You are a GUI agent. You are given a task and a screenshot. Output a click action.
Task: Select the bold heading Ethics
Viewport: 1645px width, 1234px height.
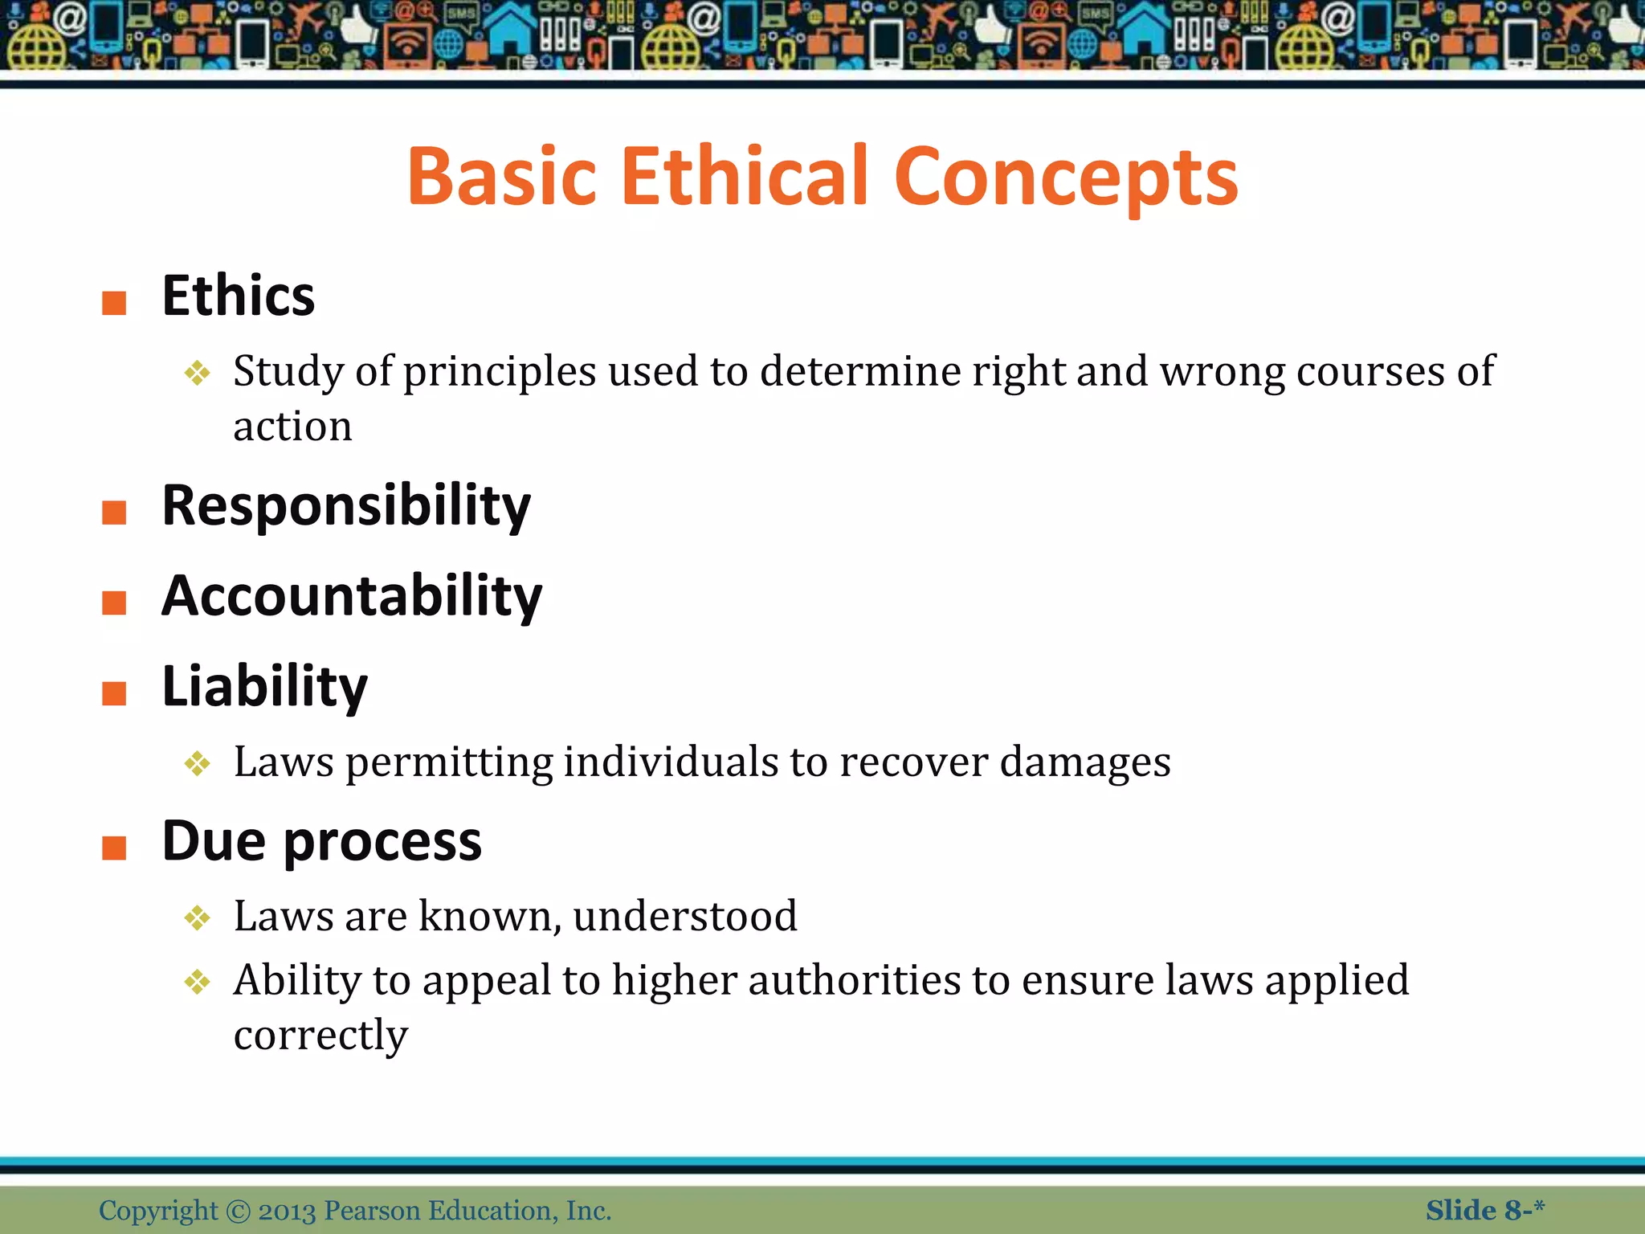[x=239, y=296]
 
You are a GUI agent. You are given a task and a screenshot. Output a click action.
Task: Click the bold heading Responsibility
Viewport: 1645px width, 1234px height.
[x=346, y=506]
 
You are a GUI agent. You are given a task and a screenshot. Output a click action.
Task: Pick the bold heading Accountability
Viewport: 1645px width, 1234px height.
[x=352, y=596]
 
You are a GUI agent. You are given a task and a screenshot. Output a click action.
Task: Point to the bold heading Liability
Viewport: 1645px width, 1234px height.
[x=264, y=687]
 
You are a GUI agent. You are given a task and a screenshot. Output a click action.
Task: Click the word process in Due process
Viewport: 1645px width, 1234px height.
[x=382, y=842]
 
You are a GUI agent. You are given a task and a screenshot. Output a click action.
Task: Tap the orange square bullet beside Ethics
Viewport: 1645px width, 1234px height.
[x=114, y=303]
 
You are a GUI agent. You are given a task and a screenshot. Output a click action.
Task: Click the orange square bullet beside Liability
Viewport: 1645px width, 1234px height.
[x=114, y=693]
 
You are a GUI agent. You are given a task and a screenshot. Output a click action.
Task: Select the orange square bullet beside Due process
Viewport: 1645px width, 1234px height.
[x=114, y=848]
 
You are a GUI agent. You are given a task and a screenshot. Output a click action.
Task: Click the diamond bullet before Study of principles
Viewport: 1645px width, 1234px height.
[x=197, y=373]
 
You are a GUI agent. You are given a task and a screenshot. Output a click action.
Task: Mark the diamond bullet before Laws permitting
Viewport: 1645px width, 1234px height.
[x=197, y=763]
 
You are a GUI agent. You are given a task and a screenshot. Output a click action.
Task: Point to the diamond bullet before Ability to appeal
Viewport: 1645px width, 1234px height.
[x=197, y=982]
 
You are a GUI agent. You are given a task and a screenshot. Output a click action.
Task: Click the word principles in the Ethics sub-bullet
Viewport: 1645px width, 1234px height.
[x=500, y=372]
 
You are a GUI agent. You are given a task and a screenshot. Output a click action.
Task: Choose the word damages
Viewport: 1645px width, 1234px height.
[x=1085, y=762]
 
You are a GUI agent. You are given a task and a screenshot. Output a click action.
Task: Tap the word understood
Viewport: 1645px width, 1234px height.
[x=685, y=916]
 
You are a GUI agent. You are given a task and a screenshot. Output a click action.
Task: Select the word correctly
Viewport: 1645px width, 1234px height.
[x=320, y=1035]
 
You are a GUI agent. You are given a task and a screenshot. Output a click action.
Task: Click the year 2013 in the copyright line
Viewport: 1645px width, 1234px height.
[x=287, y=1210]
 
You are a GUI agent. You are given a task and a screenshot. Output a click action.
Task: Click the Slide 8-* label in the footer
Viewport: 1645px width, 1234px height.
[x=1484, y=1210]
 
